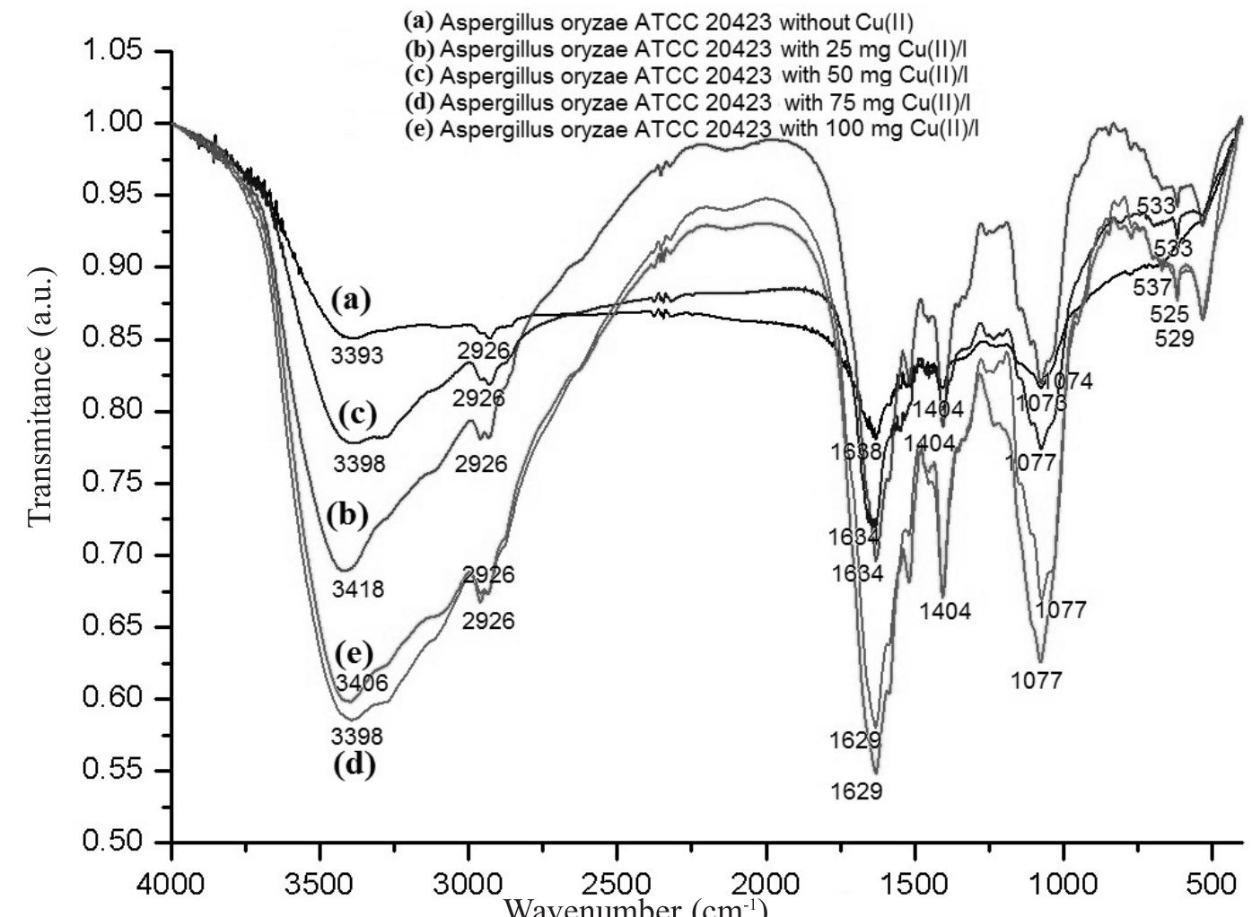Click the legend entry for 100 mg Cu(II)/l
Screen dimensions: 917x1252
tap(691, 129)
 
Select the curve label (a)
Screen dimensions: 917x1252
tap(351, 300)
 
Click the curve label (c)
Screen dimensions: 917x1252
tap(358, 415)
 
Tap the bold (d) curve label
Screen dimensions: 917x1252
tap(354, 765)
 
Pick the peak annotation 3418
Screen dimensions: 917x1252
tap(357, 589)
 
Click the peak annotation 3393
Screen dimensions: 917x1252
tap(356, 356)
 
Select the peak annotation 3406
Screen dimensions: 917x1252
tap(362, 684)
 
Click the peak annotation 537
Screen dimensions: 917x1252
tap(1152, 288)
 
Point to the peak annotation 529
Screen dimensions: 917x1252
tap(1174, 338)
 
